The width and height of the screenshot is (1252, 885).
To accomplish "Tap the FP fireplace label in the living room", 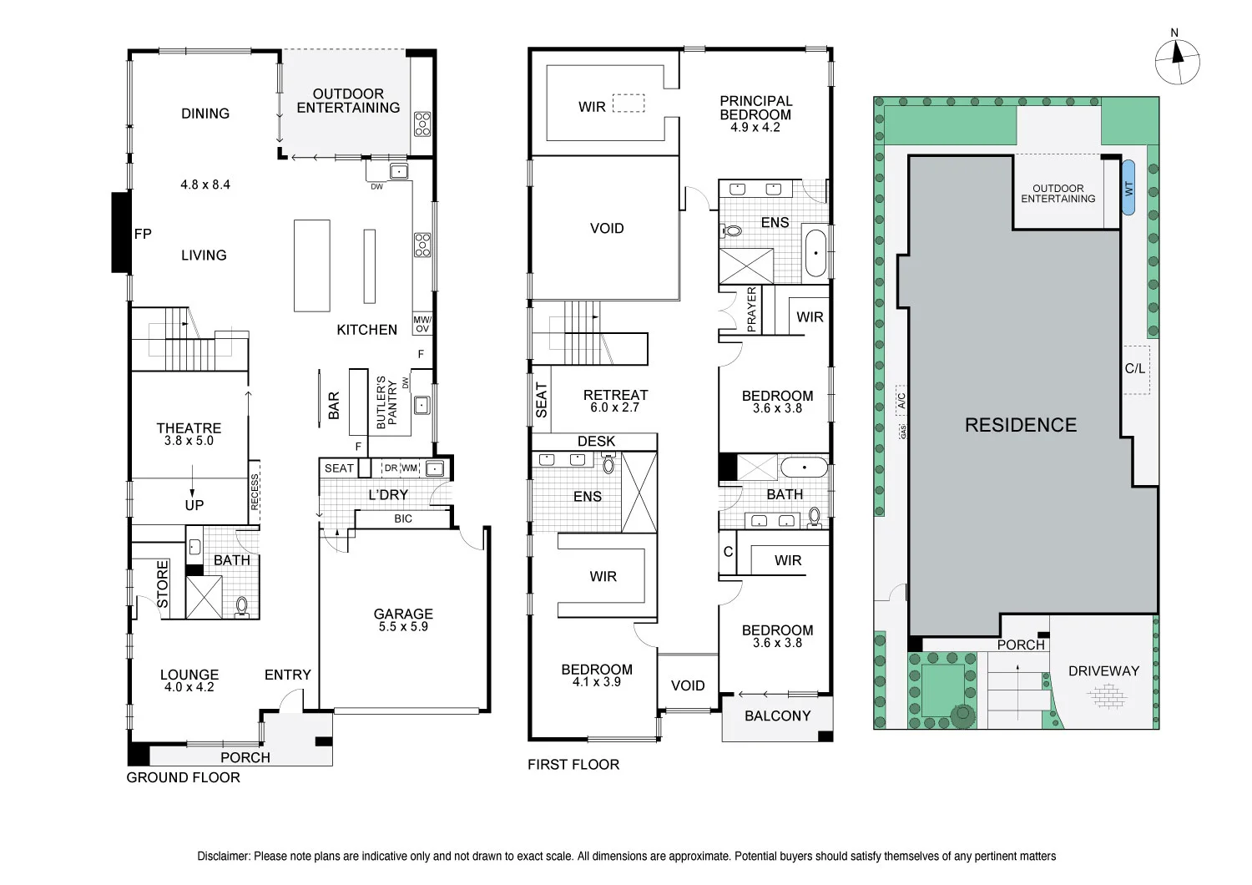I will tap(143, 234).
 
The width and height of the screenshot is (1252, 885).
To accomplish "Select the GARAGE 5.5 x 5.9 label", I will tap(403, 619).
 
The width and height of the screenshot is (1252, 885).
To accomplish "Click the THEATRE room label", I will tap(189, 428).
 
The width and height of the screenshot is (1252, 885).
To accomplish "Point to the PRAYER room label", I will tap(751, 310).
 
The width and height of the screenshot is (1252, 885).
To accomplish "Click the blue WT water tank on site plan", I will tap(1128, 188).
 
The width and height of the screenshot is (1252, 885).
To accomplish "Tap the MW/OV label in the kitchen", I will tap(422, 324).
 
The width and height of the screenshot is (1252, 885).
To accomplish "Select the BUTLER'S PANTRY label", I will tap(386, 402).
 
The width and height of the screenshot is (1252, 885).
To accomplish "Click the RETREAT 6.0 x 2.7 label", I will tap(615, 401).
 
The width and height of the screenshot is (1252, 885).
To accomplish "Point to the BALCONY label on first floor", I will tap(777, 716).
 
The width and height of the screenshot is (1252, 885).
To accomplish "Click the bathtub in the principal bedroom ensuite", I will tap(815, 253).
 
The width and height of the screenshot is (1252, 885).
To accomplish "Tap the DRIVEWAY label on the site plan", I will tap(1103, 670).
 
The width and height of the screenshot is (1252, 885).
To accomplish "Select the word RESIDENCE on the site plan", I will tap(1020, 425).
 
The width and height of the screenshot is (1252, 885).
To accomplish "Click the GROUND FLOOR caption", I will tap(183, 777).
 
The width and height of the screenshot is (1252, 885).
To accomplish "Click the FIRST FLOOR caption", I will tap(573, 764).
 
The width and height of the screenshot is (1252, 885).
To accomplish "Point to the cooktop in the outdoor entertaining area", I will tap(422, 124).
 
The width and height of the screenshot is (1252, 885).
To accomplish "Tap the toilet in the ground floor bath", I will tap(242, 604).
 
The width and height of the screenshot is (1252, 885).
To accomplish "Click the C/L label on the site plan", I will tap(1135, 368).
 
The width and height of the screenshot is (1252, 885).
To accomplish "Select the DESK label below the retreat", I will tap(596, 441).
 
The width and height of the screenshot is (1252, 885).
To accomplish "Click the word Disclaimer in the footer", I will tap(223, 856).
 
